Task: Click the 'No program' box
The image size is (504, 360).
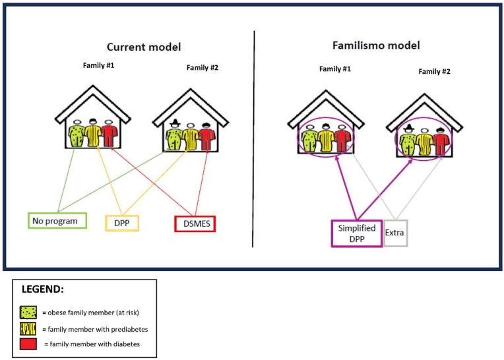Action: click(x=57, y=221)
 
